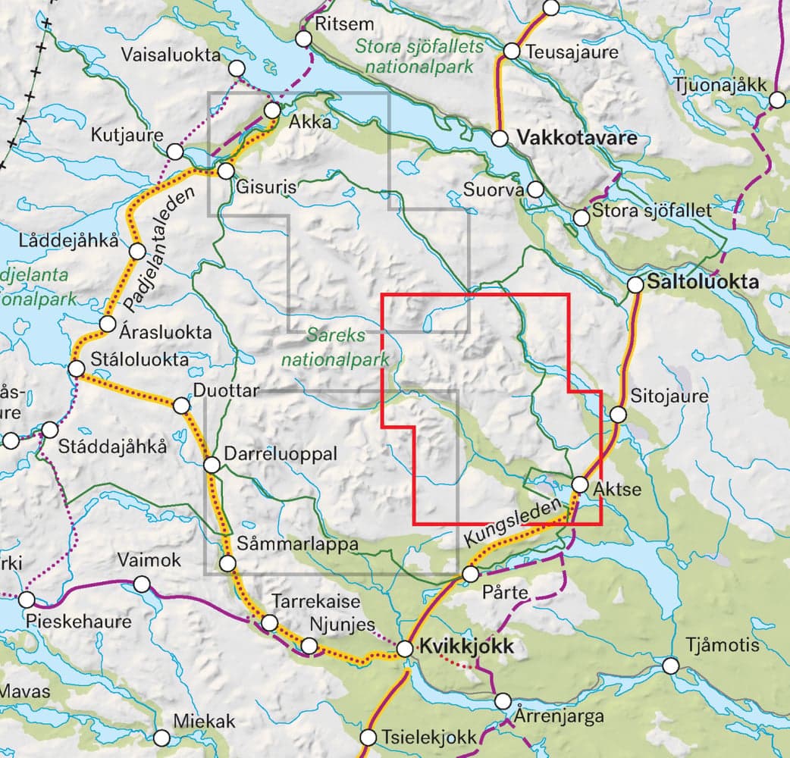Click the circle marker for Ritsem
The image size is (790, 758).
(305, 39)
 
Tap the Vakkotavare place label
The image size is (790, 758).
(576, 139)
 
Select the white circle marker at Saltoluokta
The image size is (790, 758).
(636, 285)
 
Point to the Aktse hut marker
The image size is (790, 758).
(580, 484)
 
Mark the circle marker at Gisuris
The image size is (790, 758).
(225, 171)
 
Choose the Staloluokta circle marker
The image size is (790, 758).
(76, 368)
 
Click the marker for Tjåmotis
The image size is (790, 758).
(670, 666)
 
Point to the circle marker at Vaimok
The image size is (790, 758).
(142, 584)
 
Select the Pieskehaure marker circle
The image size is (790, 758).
(27, 600)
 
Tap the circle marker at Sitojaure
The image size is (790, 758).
(619, 415)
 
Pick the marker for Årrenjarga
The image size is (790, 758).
(503, 701)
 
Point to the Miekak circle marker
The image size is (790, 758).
(161, 738)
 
